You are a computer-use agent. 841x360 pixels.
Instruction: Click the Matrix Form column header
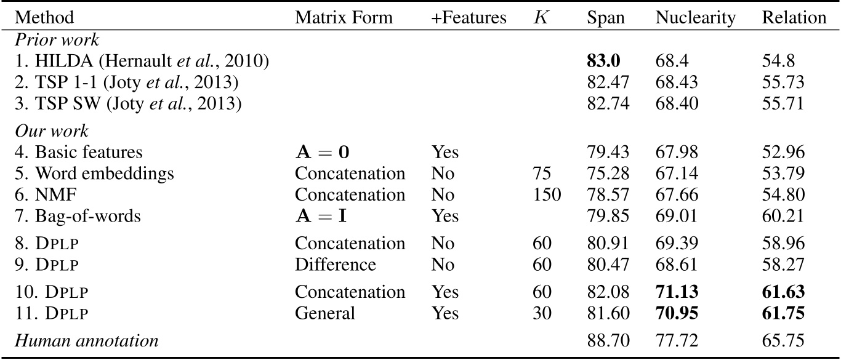point(344,18)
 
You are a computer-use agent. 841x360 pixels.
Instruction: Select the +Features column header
point(469,18)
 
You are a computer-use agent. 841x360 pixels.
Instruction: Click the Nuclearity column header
point(695,18)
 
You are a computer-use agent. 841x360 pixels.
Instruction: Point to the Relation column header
point(794,18)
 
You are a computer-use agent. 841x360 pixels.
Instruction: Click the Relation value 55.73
point(783,82)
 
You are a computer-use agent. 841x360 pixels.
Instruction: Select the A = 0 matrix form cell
point(324,152)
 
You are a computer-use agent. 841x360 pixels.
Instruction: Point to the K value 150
point(547,194)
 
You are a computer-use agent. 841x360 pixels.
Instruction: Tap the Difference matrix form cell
point(335,265)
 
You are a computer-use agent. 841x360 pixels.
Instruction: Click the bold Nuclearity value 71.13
point(677,292)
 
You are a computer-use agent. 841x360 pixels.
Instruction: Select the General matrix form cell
point(325,313)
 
